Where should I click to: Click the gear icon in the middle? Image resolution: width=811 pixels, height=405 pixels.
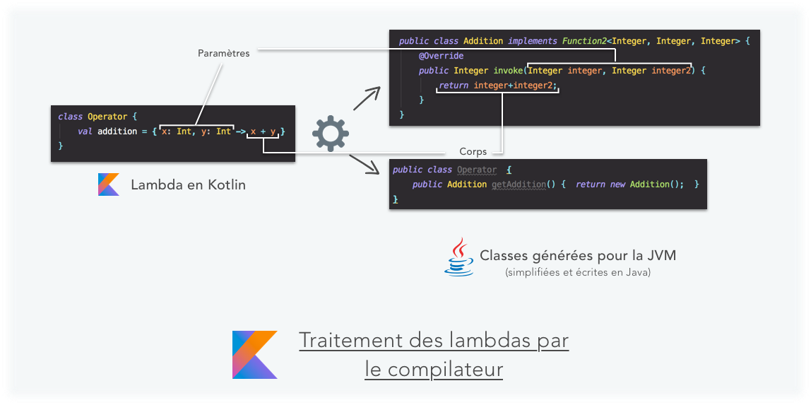tap(331, 134)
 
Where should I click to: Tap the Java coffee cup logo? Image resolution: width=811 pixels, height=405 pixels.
tap(458, 257)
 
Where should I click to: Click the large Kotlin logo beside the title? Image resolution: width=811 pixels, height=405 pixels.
tap(254, 354)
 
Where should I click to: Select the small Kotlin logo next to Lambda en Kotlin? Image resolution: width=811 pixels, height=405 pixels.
tap(108, 185)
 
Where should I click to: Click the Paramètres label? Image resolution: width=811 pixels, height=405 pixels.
tap(223, 53)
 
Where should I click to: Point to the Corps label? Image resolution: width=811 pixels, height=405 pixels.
tap(473, 151)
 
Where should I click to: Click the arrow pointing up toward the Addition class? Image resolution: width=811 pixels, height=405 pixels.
tap(366, 100)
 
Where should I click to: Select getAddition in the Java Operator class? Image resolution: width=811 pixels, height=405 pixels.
tap(519, 184)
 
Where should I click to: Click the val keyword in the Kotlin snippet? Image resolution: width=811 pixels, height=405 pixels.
tap(85, 131)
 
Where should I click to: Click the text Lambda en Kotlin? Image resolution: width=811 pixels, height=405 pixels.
tap(188, 185)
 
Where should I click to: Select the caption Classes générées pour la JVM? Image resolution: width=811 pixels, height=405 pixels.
tap(582, 255)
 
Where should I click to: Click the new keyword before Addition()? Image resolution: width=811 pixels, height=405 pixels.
tap(618, 184)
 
